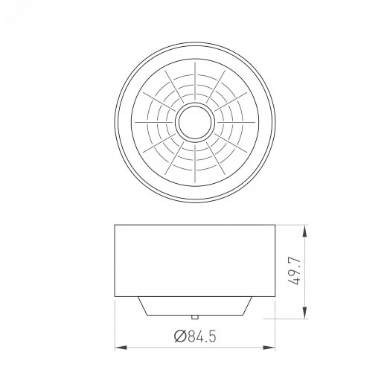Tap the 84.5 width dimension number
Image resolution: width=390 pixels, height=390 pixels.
(201, 336)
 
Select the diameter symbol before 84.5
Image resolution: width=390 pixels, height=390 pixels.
(179, 336)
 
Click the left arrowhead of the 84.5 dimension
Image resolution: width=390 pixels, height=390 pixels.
(120, 347)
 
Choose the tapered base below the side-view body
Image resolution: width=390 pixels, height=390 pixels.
(195, 305)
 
